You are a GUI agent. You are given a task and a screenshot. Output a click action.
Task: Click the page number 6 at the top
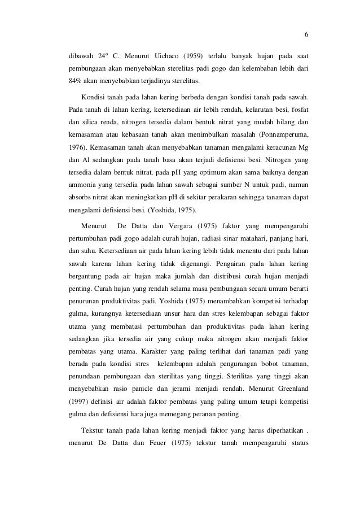tap(306, 33)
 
